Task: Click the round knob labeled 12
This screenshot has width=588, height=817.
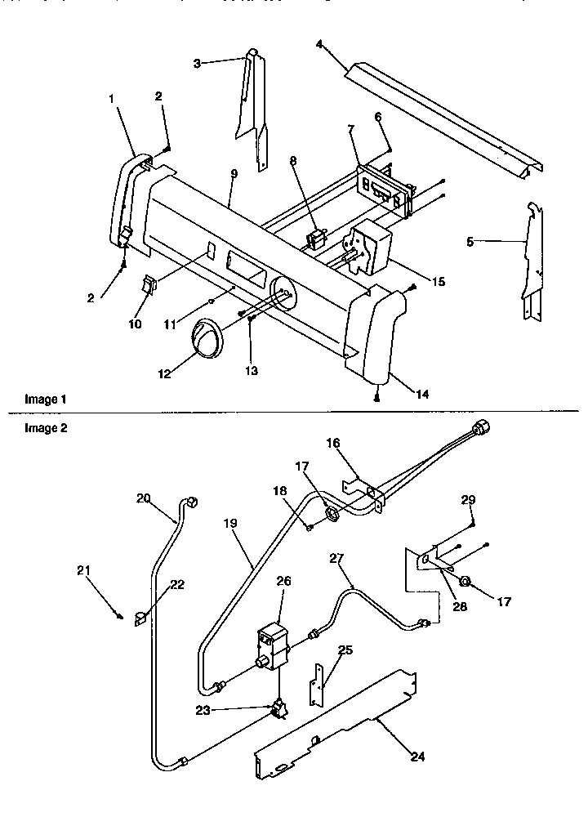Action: [207, 339]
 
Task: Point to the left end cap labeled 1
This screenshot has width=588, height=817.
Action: [125, 196]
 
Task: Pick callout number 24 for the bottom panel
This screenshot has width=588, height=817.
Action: [416, 757]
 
